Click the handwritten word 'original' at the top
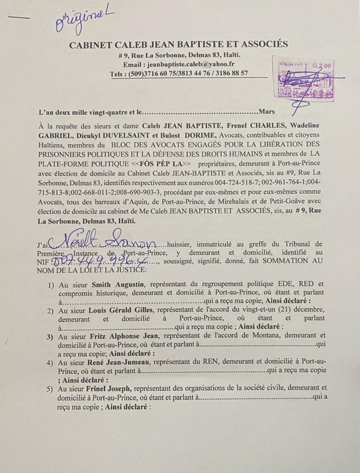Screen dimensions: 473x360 tap(84, 21)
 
